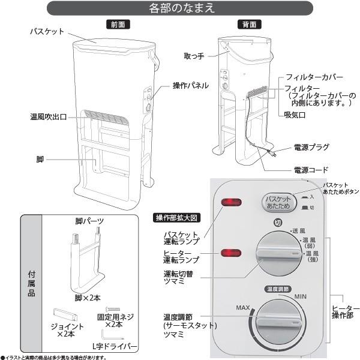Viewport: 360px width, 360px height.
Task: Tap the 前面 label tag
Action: pos(118,25)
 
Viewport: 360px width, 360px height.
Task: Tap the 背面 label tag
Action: pos(248,25)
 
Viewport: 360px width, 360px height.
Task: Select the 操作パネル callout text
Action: pos(190,86)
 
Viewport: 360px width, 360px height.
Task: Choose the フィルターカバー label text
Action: pos(314,78)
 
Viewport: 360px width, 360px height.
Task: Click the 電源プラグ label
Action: pos(311,146)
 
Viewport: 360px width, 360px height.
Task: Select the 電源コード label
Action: pos(311,170)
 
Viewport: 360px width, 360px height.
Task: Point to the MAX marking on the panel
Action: pos(242,308)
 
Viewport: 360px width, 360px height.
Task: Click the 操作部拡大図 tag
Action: pos(180,217)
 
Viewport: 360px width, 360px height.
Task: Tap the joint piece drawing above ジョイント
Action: pos(64,314)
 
